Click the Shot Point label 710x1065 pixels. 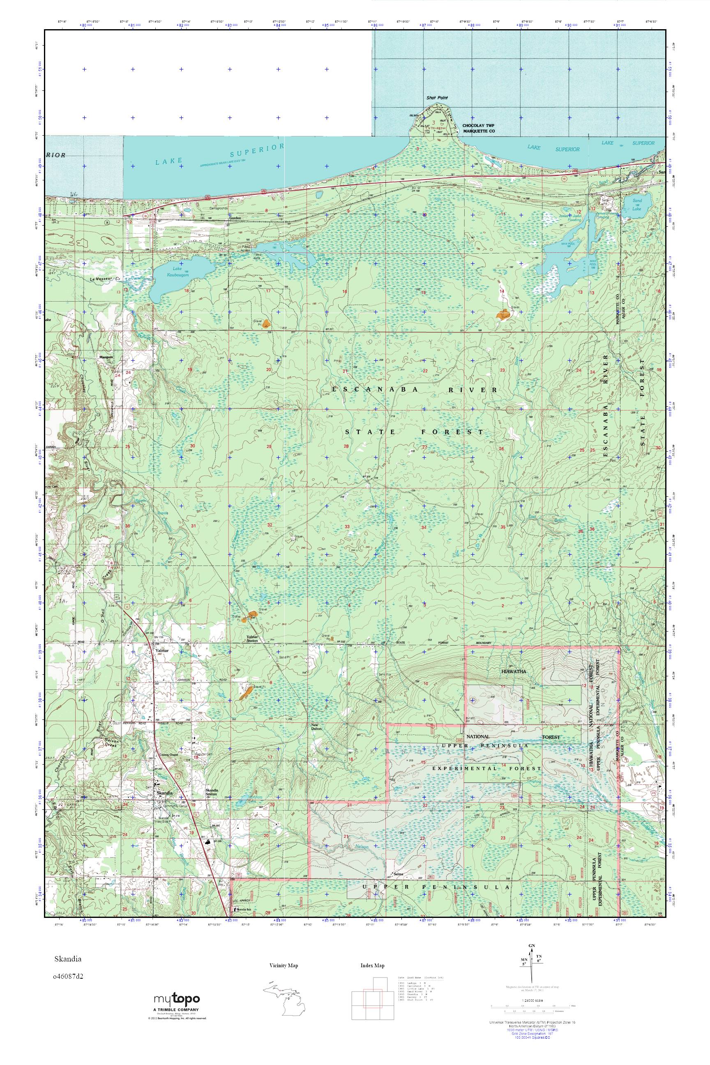pos(436,97)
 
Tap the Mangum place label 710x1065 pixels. pos(106,357)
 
